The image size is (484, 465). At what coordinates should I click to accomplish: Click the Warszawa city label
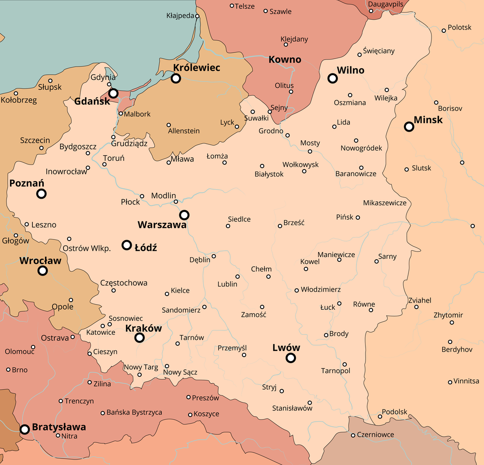pyautogui.click(x=162, y=225)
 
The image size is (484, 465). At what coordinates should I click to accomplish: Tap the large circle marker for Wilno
pyautogui.click(x=332, y=78)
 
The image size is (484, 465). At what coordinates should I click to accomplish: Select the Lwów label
pyautogui.click(x=286, y=347)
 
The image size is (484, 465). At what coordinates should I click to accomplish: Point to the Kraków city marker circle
pyautogui.click(x=140, y=338)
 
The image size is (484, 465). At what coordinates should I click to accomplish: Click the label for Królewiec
pyautogui.click(x=197, y=68)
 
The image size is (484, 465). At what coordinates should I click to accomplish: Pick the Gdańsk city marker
pyautogui.click(x=113, y=93)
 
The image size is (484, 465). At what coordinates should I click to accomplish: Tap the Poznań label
pyautogui.click(x=27, y=183)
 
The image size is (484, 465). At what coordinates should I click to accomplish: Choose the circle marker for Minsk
pyautogui.click(x=409, y=127)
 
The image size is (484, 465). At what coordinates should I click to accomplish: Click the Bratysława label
pyautogui.click(x=58, y=427)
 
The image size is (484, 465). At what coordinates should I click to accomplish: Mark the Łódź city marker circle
pyautogui.click(x=127, y=245)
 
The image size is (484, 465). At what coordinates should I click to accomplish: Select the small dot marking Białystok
pyautogui.click(x=262, y=166)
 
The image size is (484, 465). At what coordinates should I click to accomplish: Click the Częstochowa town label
pyautogui.click(x=124, y=283)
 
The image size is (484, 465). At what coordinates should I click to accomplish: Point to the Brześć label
pyautogui.click(x=294, y=222)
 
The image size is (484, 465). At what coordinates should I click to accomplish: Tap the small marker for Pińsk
pyautogui.click(x=358, y=217)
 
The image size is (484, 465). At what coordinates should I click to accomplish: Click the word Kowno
pyautogui.click(x=285, y=60)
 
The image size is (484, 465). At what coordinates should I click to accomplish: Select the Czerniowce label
pyautogui.click(x=375, y=435)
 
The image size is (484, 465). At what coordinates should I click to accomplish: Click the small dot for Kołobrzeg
pyautogui.click(x=16, y=93)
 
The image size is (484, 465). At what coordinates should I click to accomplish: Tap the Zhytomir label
pyautogui.click(x=448, y=315)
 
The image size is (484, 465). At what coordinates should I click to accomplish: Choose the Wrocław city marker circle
pyautogui.click(x=43, y=271)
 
